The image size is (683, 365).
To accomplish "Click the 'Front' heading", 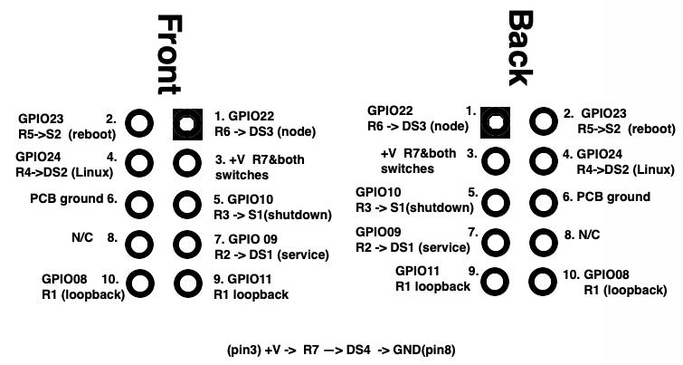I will click(x=168, y=54).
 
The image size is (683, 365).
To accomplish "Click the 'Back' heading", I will click(x=519, y=47).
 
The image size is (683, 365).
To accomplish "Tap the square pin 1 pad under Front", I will click(x=187, y=122).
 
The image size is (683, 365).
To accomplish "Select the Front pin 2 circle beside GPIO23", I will click(x=139, y=122).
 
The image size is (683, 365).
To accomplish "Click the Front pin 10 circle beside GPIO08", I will click(x=139, y=283).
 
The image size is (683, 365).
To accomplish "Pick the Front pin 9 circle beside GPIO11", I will click(x=187, y=283).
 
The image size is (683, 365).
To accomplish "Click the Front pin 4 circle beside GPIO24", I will click(x=139, y=163).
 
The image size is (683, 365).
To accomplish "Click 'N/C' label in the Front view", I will click(x=81, y=237).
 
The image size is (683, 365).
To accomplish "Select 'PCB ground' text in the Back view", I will click(x=615, y=197).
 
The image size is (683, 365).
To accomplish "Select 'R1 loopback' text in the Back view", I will click(x=432, y=286).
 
